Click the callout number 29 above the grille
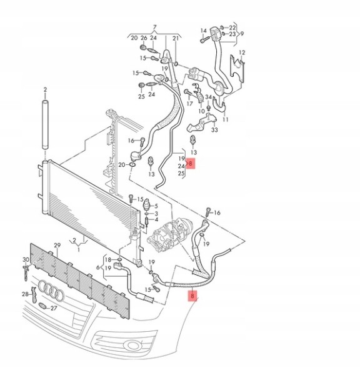57,246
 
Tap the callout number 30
26,260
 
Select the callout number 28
25,294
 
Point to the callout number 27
54,308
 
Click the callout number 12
242,52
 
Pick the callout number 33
214,130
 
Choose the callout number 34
208,97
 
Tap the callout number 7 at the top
154,27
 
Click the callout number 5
156,206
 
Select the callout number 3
156,214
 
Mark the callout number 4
156,220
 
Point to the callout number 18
107,260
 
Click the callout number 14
203,31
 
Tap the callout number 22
232,27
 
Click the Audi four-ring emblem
51,290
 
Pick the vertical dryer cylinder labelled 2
46,124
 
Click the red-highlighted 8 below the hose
192,296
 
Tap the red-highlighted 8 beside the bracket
191,163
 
